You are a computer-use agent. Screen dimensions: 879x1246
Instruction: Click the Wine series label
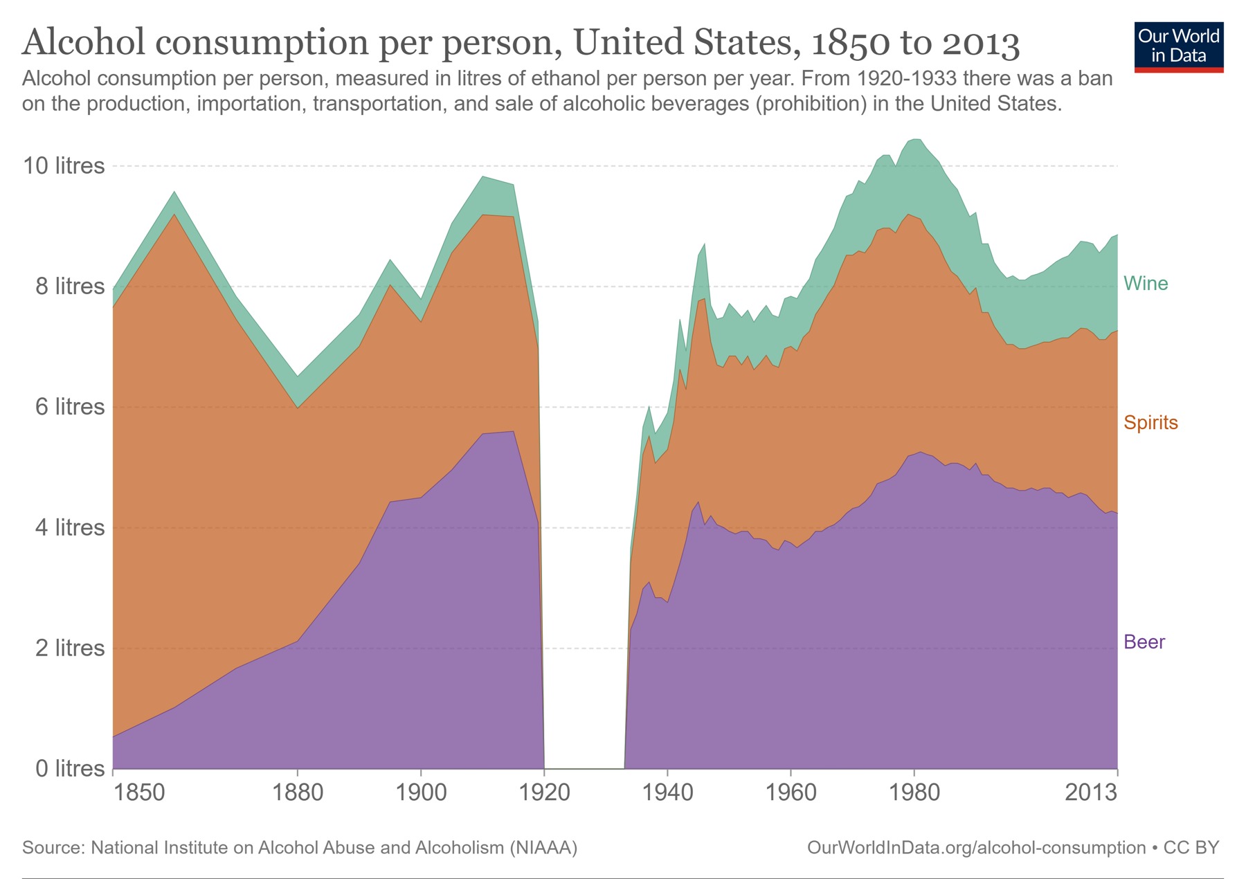coord(1145,283)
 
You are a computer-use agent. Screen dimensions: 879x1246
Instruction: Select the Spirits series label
coord(1150,422)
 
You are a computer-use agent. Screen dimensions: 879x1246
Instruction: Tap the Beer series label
coord(1144,642)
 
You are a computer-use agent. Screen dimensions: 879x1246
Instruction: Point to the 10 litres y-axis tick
coord(64,165)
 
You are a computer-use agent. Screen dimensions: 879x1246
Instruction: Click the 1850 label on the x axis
coord(139,792)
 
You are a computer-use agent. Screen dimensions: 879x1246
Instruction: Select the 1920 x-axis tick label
coord(544,792)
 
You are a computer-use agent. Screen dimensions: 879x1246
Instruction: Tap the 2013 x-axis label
coord(1091,792)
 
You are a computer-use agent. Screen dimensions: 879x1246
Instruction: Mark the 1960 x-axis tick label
coord(791,792)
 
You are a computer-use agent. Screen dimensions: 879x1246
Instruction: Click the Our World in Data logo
coord(1178,46)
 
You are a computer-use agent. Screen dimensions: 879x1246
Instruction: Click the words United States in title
coord(682,43)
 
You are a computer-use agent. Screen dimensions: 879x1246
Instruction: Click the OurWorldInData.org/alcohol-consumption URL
coord(976,847)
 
